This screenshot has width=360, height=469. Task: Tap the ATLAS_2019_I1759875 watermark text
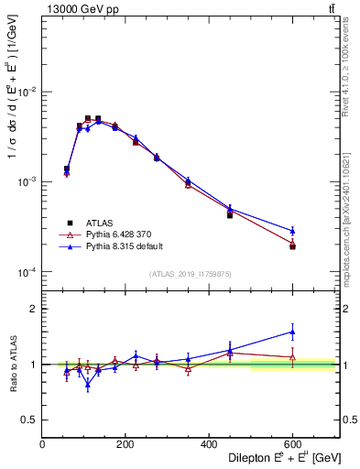[191, 274]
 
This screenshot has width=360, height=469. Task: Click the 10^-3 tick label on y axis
[27, 182]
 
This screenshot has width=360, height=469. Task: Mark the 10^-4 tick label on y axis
[27, 272]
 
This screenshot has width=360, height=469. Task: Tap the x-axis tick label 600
[292, 444]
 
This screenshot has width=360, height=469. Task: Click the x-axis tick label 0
[42, 444]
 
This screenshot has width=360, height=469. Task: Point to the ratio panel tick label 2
[34, 310]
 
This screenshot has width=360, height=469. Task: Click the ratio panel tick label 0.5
[29, 420]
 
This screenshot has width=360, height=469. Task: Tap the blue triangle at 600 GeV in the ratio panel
[292, 332]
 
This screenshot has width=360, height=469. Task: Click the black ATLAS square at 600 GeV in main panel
[292, 246]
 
